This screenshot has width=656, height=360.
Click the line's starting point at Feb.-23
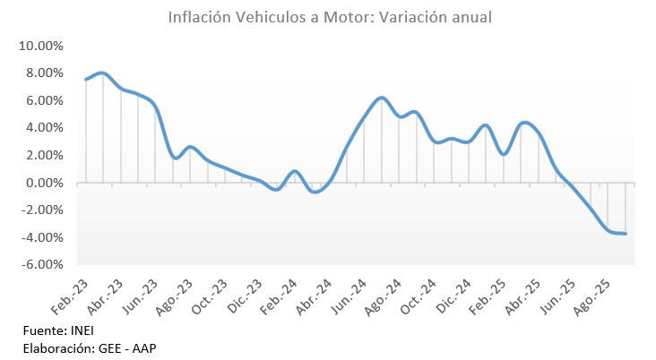pos(86,80)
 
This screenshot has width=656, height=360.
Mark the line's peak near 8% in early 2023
pos(102,73)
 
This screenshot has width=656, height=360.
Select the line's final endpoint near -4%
pos(626,234)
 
